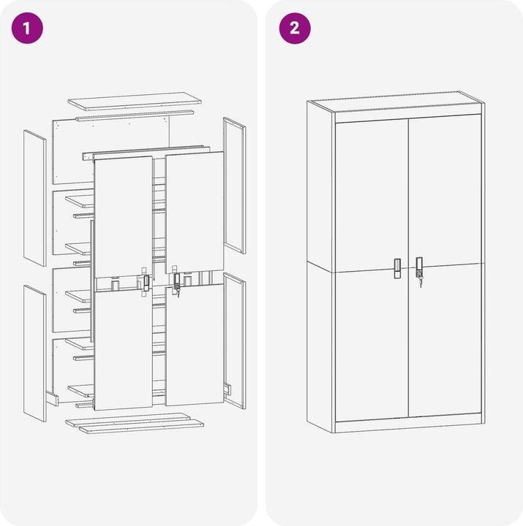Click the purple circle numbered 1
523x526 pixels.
(27, 28)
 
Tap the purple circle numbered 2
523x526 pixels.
(295, 28)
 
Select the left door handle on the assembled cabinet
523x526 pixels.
(397, 268)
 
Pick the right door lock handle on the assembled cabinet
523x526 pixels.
(419, 267)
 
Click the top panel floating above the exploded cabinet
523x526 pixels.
(135, 102)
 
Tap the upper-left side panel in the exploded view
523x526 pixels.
(34, 198)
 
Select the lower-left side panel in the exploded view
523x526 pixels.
(34, 353)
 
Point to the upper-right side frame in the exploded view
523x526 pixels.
(235, 185)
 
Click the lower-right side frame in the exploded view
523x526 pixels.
(235, 340)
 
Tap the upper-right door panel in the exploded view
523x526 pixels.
(195, 213)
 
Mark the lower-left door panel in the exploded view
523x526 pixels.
(124, 350)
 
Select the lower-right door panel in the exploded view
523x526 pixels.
(195, 345)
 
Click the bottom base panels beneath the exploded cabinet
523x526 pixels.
(135, 423)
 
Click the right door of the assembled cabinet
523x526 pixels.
(445, 267)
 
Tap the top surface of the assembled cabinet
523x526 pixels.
(396, 101)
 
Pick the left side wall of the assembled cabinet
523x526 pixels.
(320, 267)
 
